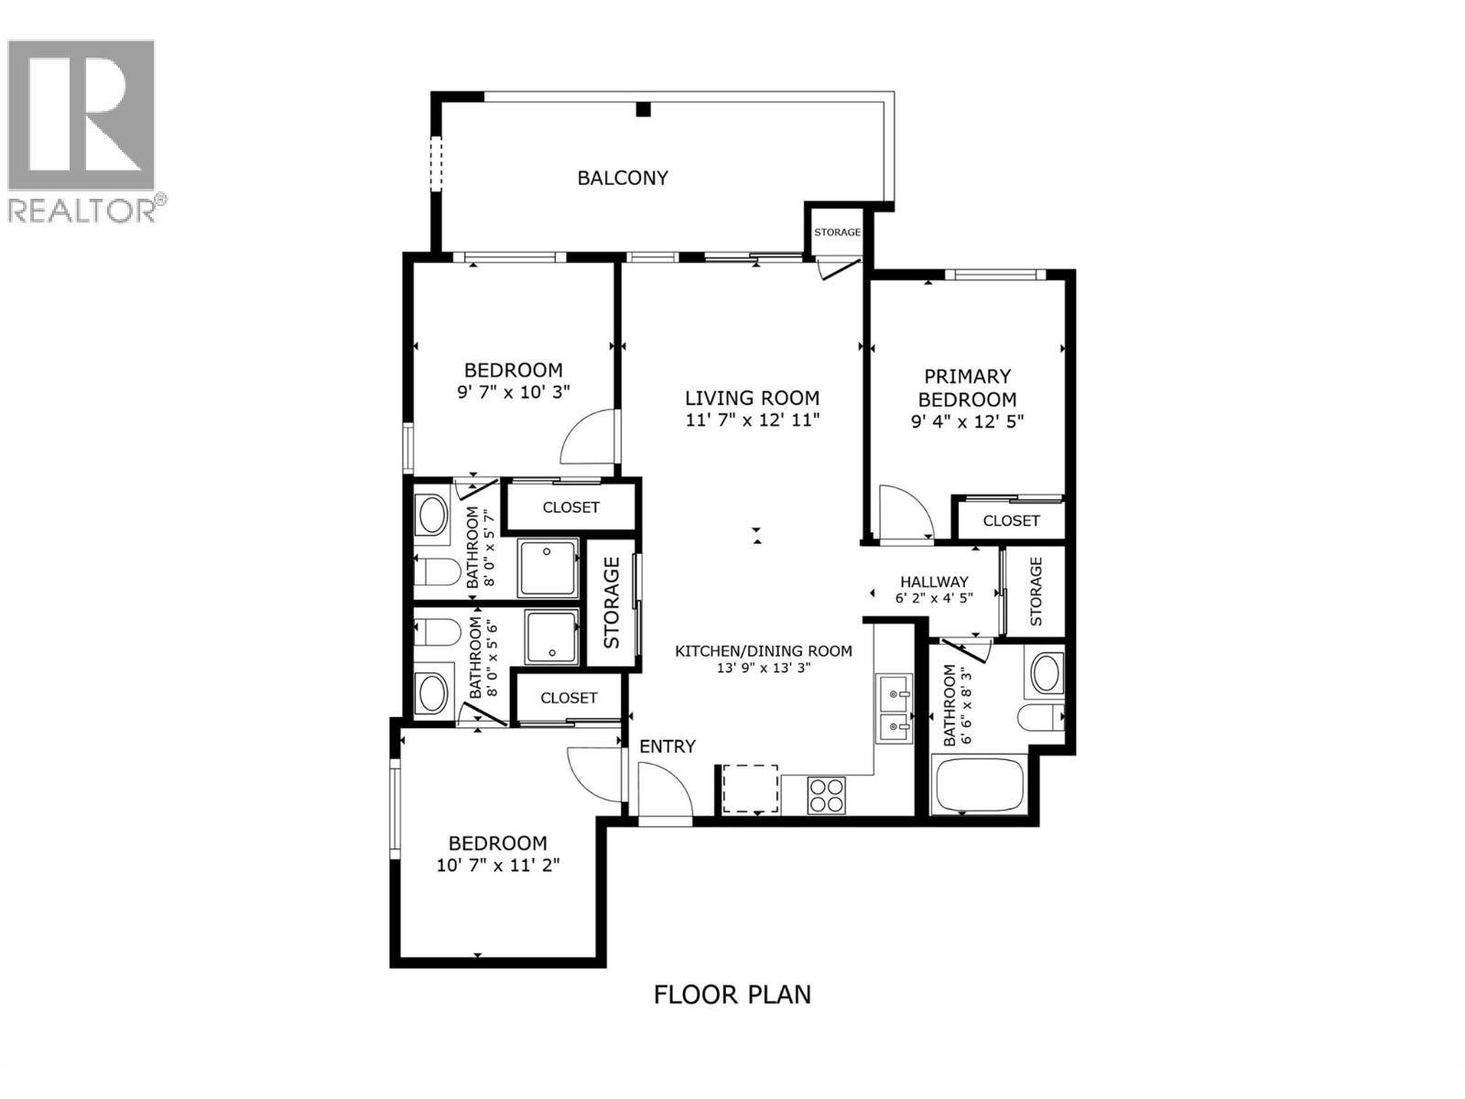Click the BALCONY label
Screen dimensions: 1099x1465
tap(623, 178)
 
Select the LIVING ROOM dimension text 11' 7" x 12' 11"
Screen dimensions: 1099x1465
tap(752, 420)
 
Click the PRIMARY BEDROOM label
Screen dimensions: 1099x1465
tap(967, 387)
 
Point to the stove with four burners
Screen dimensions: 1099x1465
tap(826, 793)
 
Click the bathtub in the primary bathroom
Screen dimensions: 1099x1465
tap(980, 785)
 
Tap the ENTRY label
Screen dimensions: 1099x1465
tap(667, 746)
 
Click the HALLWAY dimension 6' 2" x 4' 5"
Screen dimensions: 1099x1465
tap(934, 597)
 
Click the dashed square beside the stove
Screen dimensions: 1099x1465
tap(751, 789)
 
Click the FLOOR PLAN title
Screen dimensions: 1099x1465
tap(732, 994)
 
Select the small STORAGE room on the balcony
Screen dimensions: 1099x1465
tap(837, 233)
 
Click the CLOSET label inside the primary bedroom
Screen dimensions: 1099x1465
tap(1011, 521)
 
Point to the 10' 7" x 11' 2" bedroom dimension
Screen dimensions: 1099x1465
tap(498, 865)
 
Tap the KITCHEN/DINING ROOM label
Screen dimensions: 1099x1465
tap(764, 651)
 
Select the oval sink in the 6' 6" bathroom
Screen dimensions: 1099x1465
tap(1046, 673)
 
